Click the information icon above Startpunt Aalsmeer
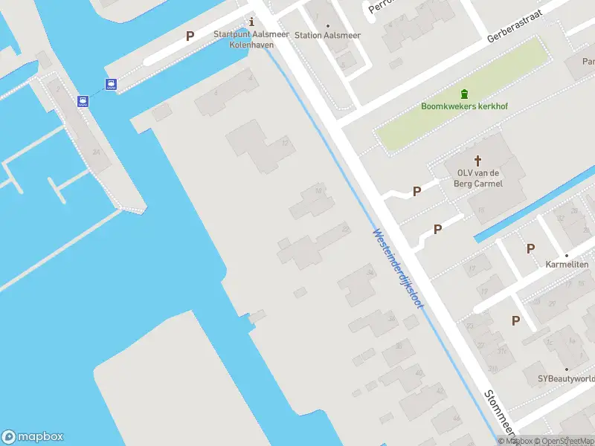pyautogui.click(x=251, y=21)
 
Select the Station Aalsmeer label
pyautogui.click(x=327, y=35)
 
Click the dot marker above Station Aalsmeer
pyautogui.click(x=328, y=25)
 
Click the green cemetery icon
pyautogui.click(x=465, y=93)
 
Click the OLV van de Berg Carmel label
pyautogui.click(x=480, y=178)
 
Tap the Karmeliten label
pyautogui.click(x=567, y=265)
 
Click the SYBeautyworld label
pyautogui.click(x=566, y=378)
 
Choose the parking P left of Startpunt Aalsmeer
pyautogui.click(x=190, y=36)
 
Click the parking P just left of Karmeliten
pyautogui.click(x=530, y=248)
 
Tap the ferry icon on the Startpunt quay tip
pyautogui.click(x=111, y=85)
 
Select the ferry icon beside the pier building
pyautogui.click(x=83, y=100)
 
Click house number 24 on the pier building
pyautogui.click(x=96, y=152)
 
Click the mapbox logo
pyautogui.click(x=33, y=437)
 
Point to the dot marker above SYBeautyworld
pyautogui.click(x=566, y=369)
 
